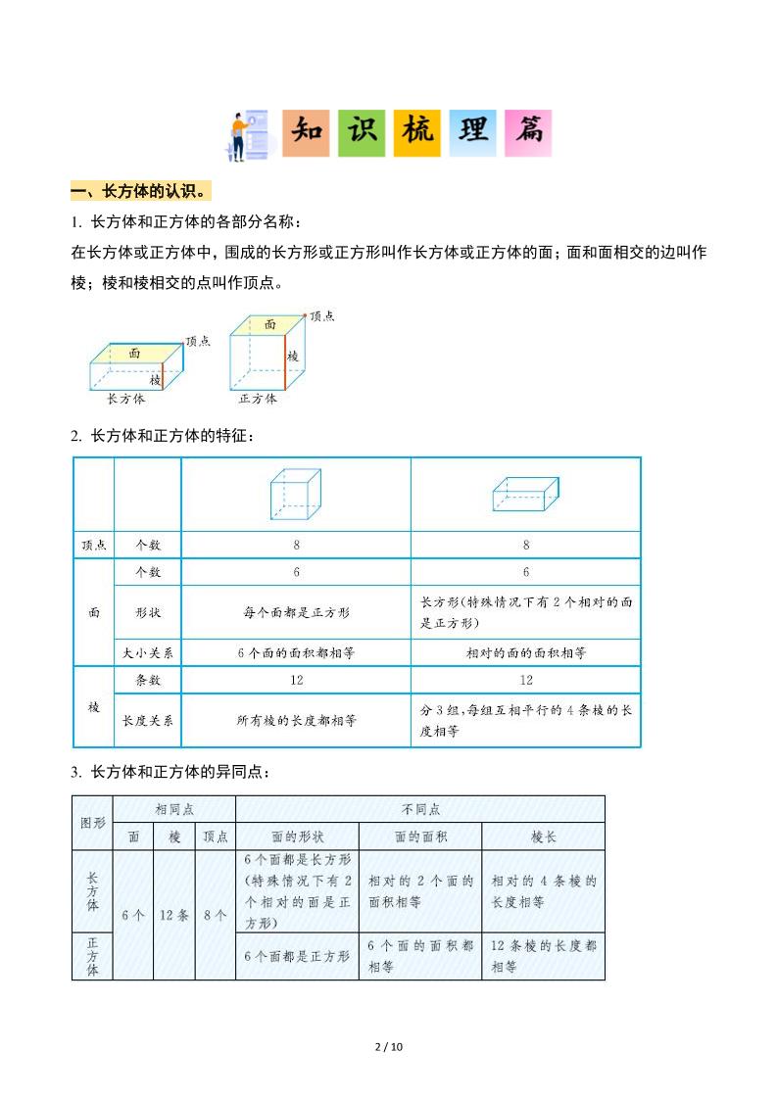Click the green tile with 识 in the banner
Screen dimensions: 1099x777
point(362,133)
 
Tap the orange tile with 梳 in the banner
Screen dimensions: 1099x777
point(416,133)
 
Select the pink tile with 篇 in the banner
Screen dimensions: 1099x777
point(528,133)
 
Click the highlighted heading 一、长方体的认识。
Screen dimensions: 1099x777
point(142,190)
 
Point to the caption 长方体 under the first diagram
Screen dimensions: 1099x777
point(126,400)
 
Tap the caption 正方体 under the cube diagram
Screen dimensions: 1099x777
point(258,400)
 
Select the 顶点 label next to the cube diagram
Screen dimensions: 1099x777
point(321,316)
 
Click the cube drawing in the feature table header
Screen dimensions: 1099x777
point(295,494)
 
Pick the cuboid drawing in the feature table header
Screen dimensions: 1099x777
point(524,495)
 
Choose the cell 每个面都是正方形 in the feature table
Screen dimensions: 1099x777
point(296,612)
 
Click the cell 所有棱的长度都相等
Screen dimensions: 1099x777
point(296,720)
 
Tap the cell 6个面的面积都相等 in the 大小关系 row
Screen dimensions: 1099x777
point(296,652)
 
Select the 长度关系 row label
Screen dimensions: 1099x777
point(147,720)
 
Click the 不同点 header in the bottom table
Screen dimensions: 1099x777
point(420,809)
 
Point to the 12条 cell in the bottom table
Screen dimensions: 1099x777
point(174,915)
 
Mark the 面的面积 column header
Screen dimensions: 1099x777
point(420,836)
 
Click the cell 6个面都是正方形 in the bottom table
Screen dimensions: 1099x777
point(297,956)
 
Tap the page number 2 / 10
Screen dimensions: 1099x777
point(389,1047)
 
